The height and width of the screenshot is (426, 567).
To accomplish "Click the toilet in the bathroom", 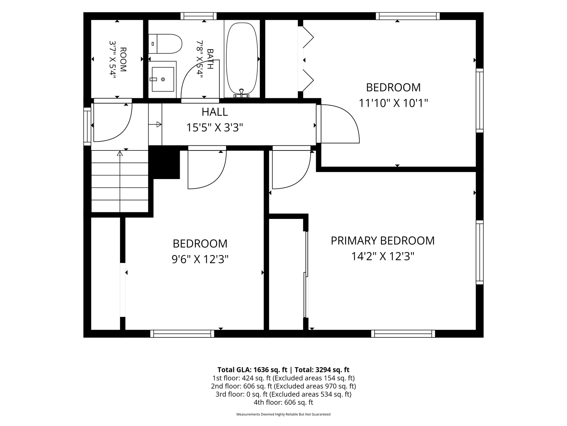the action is pos(165,44).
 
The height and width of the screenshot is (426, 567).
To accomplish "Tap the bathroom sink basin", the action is pos(163,79).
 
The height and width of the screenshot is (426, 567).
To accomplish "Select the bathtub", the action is pos(242,60).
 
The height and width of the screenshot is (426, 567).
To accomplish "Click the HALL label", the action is pos(215,112).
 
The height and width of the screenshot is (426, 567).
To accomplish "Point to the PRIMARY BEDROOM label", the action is pos(383,241).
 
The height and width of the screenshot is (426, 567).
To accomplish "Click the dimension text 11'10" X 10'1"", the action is pos(393,103).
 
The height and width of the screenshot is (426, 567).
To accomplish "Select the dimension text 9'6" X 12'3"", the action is pos(200,259).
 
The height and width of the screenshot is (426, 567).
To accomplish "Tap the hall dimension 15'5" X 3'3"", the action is pos(215,127).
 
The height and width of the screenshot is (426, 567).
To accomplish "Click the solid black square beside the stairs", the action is pos(164,162).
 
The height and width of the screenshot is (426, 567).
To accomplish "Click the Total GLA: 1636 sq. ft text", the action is pos(252,370).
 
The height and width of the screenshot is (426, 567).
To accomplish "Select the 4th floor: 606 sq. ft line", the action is pos(283,402).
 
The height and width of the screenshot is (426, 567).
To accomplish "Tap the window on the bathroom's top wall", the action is pos(198,16).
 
